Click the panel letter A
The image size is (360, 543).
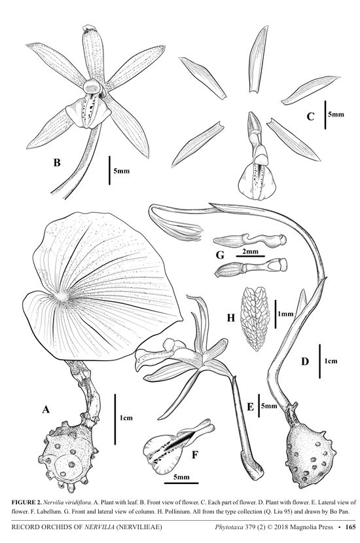(46, 409)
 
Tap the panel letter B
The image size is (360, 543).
(57, 162)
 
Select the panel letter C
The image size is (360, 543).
(310, 117)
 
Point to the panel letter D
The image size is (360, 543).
(304, 362)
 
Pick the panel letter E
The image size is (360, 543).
(250, 407)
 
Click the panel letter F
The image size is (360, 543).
(196, 454)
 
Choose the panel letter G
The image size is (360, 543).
(220, 255)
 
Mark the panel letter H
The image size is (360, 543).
(231, 317)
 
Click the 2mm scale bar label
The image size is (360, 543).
(250, 252)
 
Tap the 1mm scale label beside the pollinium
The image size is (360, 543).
(285, 314)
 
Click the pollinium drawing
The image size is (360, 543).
(255, 318)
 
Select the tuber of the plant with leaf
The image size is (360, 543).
(68, 455)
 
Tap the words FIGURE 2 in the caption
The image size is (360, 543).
(26, 502)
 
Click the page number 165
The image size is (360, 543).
(350, 527)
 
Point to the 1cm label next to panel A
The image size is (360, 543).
(126, 418)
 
